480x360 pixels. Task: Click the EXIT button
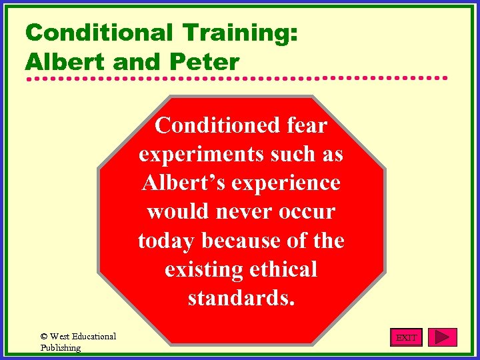406,338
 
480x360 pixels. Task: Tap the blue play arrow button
443,337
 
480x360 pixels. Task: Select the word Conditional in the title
95,33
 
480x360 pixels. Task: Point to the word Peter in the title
205,62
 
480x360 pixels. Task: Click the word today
167,240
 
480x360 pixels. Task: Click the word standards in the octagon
241,298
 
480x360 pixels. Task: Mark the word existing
203,269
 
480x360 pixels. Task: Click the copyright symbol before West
44,337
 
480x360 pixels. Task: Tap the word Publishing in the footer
60,347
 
